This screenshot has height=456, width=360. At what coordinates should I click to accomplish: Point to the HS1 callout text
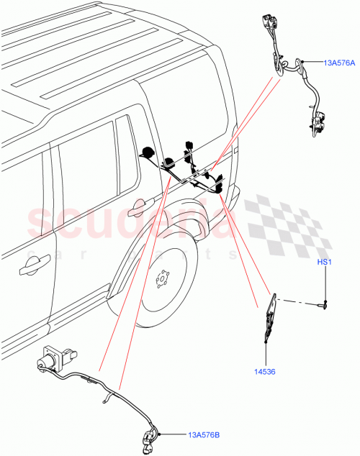coord(324,263)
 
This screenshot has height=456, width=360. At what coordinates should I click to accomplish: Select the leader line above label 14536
coord(265,356)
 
